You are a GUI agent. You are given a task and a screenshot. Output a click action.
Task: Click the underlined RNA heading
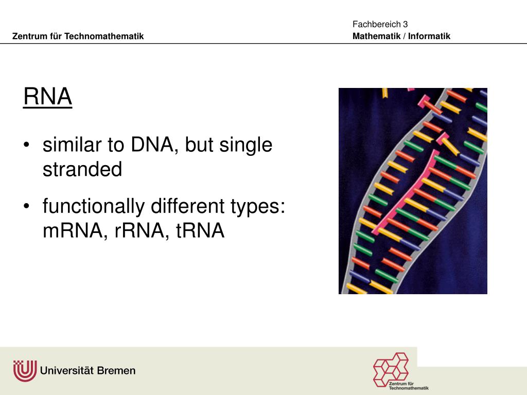click(x=47, y=97)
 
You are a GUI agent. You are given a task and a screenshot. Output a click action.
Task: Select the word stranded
click(x=82, y=170)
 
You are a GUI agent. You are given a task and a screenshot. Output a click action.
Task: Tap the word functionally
click(x=94, y=207)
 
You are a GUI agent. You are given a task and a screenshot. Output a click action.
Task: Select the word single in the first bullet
click(x=245, y=146)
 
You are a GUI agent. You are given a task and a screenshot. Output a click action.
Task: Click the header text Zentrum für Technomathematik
click(x=78, y=36)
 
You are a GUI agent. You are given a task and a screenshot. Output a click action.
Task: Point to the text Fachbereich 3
click(x=380, y=24)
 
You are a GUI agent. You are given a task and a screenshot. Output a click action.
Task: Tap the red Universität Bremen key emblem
click(x=25, y=370)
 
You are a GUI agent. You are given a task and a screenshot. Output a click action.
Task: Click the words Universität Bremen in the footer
click(x=87, y=370)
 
